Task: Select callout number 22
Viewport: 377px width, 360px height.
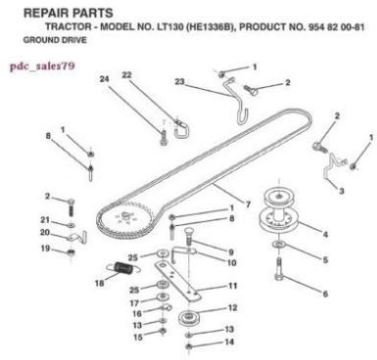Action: [155, 74]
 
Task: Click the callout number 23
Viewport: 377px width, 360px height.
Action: [180, 81]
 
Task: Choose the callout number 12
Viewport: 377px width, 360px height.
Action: [231, 308]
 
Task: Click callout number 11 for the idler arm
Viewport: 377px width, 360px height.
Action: [231, 286]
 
